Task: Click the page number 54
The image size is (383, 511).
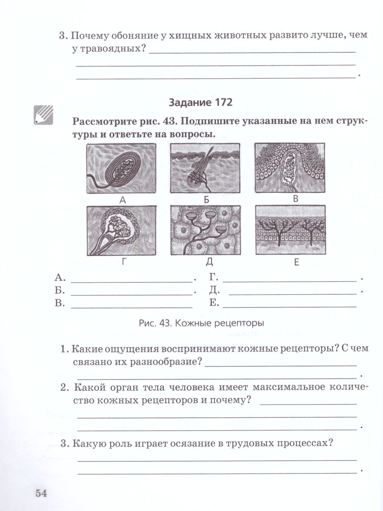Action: click(40, 493)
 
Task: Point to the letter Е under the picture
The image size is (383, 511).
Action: click(296, 262)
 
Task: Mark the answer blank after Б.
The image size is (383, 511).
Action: click(131, 293)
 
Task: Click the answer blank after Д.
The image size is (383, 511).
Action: click(292, 293)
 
